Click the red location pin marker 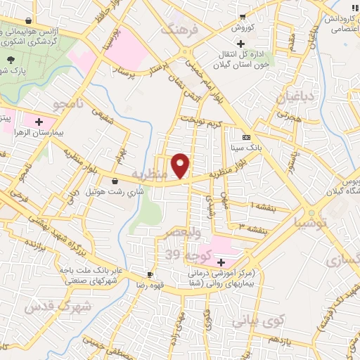[x=181, y=165]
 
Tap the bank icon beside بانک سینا [x=246, y=137]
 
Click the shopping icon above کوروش [x=242, y=17]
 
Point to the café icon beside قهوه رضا [x=150, y=274]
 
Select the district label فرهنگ [x=176, y=30]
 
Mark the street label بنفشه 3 [x=252, y=229]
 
